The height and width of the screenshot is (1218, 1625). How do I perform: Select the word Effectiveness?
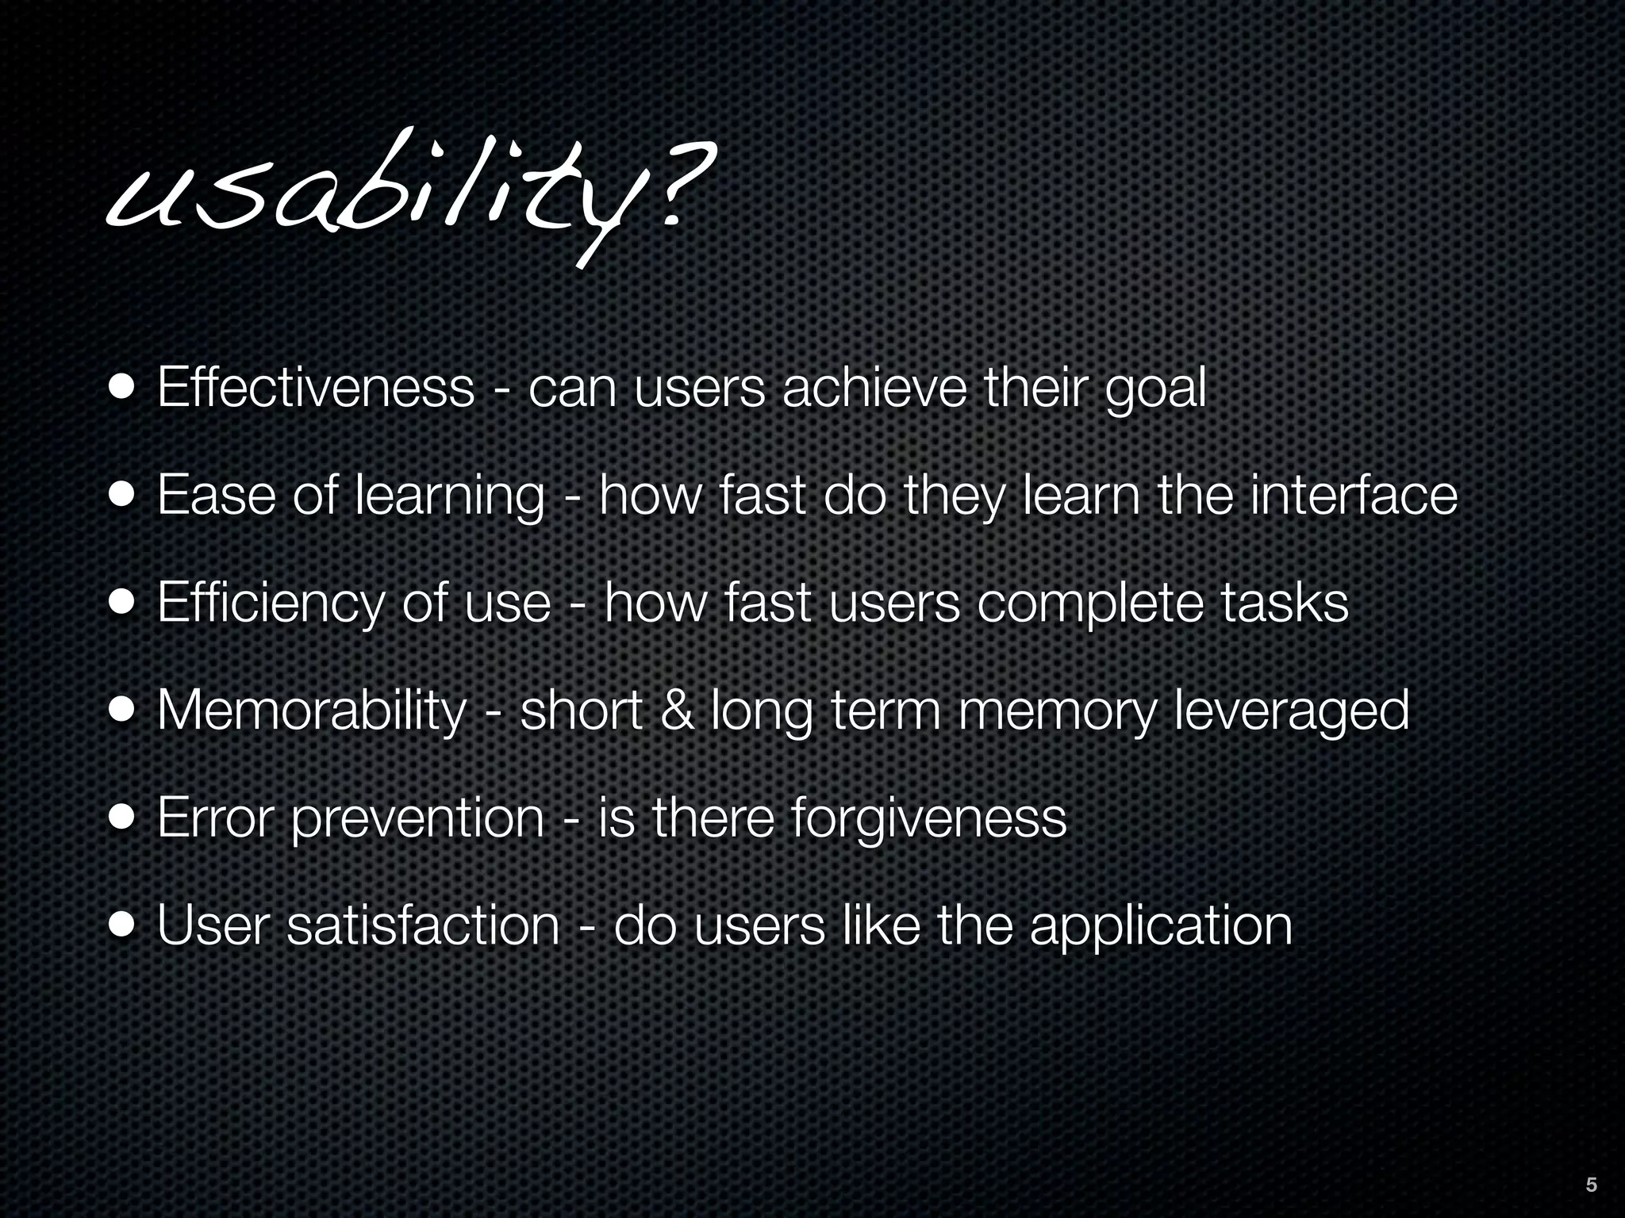316,388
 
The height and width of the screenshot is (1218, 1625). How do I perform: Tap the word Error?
215,817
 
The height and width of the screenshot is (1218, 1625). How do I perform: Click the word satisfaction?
422,925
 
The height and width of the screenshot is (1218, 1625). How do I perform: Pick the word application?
1160,926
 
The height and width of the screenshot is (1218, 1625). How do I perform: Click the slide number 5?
1591,1185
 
